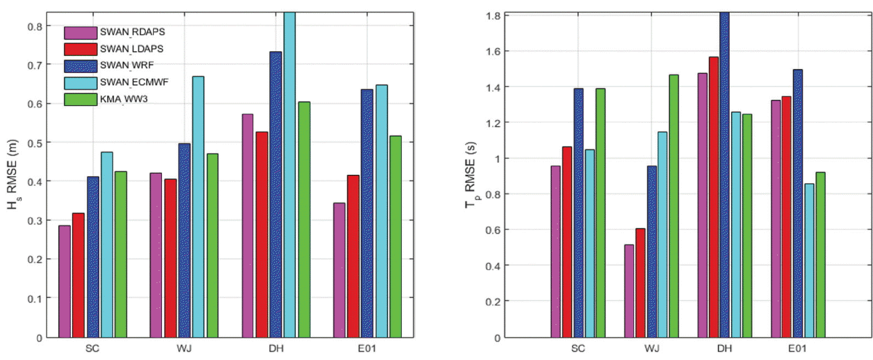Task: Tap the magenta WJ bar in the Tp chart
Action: coord(629,290)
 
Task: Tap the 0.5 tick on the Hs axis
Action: coord(35,143)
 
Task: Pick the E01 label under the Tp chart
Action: coord(795,351)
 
